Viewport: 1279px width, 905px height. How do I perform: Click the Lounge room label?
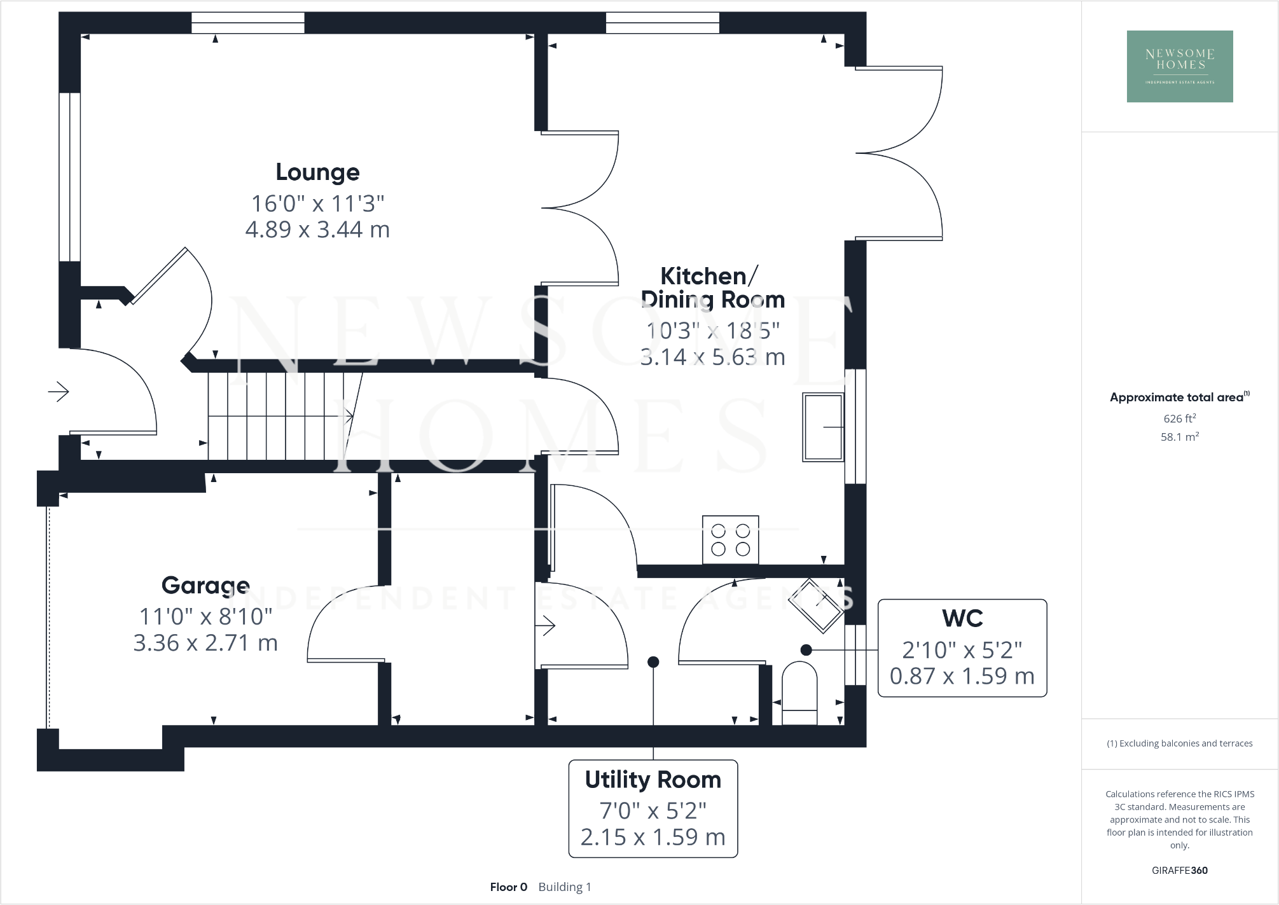coord(317,172)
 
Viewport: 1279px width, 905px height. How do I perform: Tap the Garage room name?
coord(205,585)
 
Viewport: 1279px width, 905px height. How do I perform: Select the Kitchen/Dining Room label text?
coord(712,287)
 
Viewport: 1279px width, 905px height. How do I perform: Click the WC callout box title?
coord(962,618)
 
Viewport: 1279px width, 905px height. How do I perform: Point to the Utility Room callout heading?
coord(653,780)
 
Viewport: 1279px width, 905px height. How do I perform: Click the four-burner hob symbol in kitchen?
coord(730,540)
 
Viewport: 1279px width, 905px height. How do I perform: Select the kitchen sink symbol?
coord(823,427)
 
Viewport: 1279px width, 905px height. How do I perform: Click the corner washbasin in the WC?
coord(817,605)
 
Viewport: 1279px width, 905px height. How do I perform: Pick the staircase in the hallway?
coord(280,416)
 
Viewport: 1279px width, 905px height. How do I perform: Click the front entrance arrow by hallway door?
coord(59,392)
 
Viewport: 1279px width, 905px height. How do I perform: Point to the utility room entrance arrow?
coord(546,626)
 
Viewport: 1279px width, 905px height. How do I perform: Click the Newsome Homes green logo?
coord(1180,66)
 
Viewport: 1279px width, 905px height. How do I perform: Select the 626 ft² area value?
coord(1179,418)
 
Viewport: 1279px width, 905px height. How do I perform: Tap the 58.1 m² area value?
coord(1179,437)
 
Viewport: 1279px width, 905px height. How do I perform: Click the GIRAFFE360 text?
coord(1179,871)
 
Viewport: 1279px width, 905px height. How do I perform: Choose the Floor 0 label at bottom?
coord(508,887)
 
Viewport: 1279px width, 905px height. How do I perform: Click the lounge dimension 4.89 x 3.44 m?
coord(317,230)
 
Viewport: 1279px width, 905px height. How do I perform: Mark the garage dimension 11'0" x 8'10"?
coord(205,616)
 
